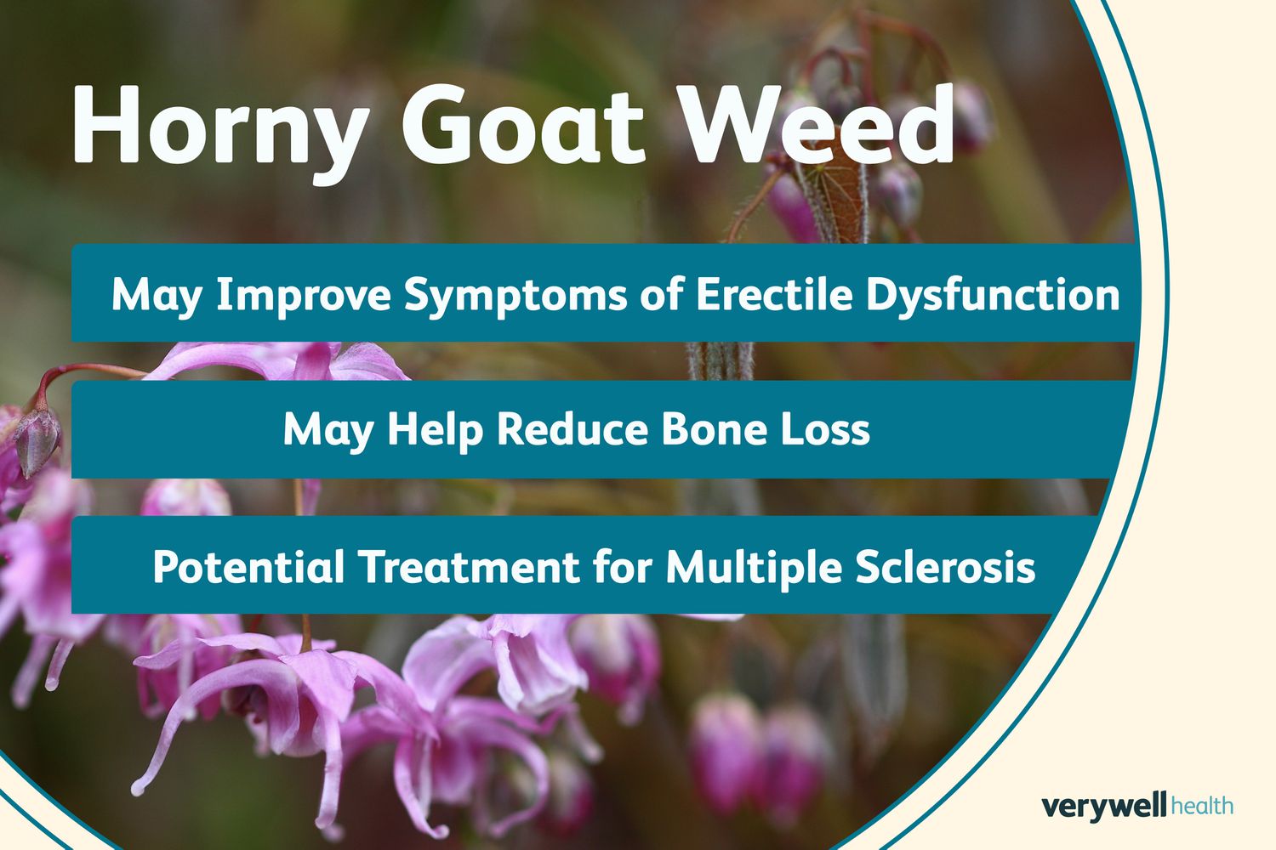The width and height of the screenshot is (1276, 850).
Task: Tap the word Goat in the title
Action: [x=523, y=125]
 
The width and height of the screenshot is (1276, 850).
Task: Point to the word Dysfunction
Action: [x=993, y=296]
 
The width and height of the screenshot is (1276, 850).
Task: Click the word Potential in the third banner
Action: [x=248, y=566]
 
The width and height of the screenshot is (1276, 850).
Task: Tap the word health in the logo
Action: [x=1202, y=806]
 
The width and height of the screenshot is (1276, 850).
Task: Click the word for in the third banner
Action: [x=623, y=566]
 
